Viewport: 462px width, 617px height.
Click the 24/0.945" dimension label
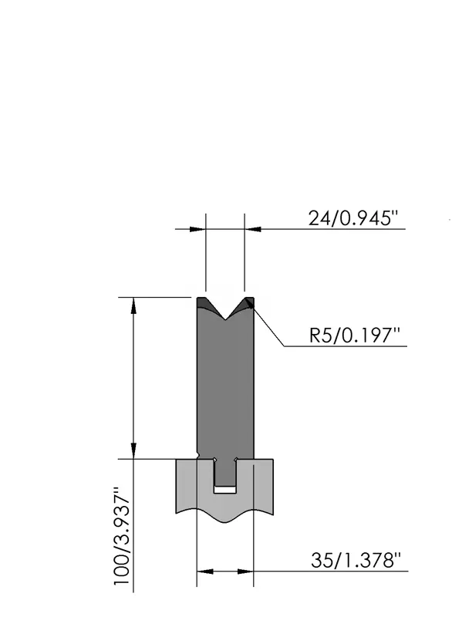(353, 218)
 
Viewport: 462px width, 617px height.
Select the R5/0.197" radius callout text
(354, 335)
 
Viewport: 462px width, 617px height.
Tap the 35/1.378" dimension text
(356, 561)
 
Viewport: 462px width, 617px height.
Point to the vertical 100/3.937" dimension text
(122, 536)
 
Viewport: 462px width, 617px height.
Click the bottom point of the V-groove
(225, 319)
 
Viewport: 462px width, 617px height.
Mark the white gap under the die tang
(225, 490)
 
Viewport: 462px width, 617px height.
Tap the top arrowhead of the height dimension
(133, 305)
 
